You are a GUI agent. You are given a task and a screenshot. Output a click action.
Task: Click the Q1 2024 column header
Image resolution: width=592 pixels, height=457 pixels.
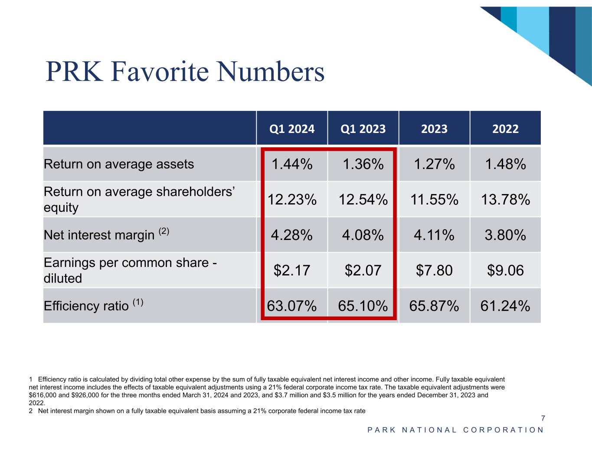292,129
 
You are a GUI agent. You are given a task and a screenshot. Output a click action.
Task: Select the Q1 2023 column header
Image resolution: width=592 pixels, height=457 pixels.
363,129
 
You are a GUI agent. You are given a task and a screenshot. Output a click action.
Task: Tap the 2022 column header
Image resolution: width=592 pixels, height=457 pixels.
505,129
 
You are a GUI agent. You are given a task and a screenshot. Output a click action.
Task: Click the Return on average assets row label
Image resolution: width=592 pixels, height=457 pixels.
119,164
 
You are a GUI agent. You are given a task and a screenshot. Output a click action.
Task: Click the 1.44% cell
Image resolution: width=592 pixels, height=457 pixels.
292,164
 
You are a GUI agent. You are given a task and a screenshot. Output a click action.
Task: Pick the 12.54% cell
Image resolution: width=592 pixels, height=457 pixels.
363,200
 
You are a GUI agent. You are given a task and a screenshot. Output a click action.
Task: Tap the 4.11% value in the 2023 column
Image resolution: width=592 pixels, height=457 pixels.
434,235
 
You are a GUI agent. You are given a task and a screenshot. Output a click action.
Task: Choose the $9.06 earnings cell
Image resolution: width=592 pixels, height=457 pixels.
505,270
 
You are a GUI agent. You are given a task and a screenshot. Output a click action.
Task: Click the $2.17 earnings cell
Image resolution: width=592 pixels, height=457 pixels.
292,270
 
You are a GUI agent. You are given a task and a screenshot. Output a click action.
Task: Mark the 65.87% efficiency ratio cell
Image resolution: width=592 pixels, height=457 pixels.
434,306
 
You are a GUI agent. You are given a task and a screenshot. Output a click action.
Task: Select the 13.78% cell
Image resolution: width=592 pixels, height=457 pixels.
505,200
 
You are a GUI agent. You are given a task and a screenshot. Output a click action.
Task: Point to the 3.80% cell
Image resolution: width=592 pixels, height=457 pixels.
505,235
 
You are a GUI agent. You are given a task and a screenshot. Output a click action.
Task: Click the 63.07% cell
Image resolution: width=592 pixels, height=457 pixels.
292,306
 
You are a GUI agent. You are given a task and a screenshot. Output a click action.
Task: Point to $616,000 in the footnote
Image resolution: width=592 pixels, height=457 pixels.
43,395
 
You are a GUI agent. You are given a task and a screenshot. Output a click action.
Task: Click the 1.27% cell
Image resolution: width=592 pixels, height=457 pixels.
434,164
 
